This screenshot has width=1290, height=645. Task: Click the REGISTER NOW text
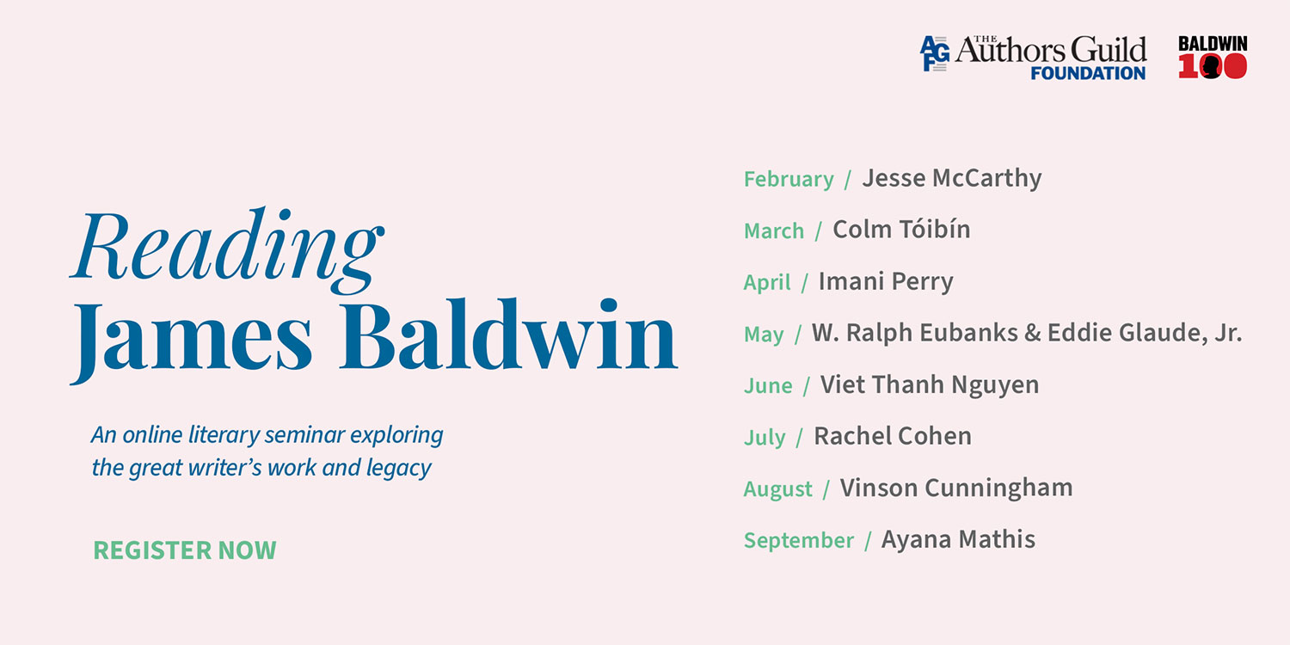tap(185, 550)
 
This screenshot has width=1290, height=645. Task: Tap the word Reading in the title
tap(226, 245)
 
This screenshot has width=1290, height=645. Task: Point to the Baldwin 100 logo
tap(1213, 58)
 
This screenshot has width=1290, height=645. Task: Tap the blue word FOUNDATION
tap(1088, 73)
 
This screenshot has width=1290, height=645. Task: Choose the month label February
tap(789, 180)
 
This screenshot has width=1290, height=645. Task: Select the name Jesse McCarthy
tap(951, 178)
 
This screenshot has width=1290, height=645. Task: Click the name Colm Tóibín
tap(901, 230)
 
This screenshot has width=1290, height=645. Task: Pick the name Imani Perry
tap(886, 281)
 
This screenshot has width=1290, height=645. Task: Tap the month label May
tap(764, 335)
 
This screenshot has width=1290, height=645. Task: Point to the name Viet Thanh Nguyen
tap(929, 384)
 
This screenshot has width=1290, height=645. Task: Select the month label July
tap(765, 438)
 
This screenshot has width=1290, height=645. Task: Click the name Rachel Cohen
tap(893, 436)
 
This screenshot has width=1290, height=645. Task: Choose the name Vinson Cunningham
tap(956, 488)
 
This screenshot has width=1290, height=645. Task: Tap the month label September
tap(799, 541)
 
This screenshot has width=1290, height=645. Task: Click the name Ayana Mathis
tap(958, 539)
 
